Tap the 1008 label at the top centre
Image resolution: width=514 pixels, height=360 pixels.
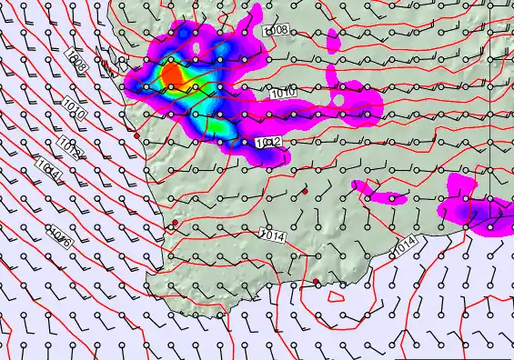(x=276, y=31)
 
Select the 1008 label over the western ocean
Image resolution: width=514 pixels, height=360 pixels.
(x=78, y=65)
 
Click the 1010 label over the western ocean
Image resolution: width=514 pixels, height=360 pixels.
(x=75, y=114)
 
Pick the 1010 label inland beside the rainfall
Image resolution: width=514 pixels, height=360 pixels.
(x=281, y=92)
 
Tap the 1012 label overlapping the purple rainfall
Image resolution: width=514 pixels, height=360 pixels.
(x=268, y=143)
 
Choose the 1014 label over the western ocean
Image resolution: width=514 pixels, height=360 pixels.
(x=49, y=169)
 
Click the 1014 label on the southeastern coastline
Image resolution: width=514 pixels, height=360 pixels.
(x=404, y=245)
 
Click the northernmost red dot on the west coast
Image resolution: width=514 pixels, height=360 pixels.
(x=137, y=135)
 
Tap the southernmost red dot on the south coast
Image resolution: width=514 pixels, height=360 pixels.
(x=317, y=282)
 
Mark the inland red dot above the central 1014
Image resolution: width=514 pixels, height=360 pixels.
(x=306, y=189)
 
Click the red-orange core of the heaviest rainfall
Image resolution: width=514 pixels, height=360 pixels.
(x=171, y=74)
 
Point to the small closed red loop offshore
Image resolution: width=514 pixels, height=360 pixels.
(x=336, y=294)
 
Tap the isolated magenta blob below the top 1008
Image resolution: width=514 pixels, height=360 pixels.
(x=333, y=38)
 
